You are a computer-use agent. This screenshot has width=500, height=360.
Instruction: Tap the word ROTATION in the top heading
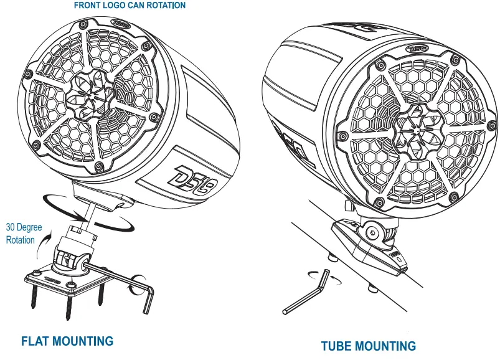164,6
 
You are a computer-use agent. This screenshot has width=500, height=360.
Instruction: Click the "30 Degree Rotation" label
24,234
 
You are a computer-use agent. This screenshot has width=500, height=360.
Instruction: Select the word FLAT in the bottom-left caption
37,341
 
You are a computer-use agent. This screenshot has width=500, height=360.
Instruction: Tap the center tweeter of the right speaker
413,127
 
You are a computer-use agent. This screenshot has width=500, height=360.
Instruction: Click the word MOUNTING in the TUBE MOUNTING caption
389,346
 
